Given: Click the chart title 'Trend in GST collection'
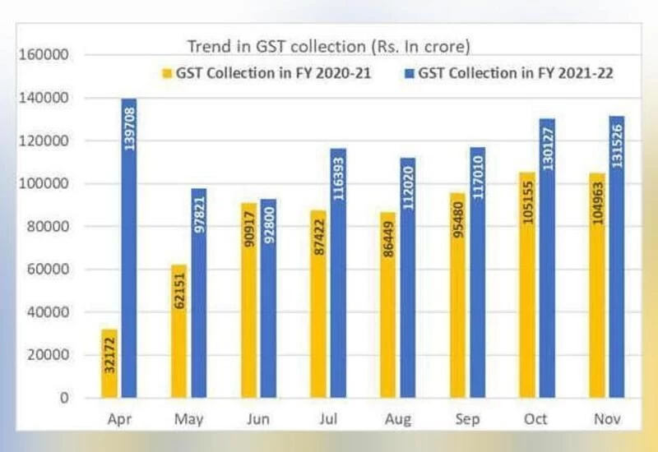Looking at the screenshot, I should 328,46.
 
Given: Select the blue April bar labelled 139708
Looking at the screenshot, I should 129,247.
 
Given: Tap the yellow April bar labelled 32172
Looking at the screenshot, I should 109,362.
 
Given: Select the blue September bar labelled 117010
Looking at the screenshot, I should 477,272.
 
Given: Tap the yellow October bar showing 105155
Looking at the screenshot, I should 526,284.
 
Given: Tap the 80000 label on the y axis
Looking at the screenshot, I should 51,227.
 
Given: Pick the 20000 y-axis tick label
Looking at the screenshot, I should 51,355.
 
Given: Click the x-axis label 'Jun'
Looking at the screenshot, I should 257,419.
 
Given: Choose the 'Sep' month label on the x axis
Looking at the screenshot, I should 468,419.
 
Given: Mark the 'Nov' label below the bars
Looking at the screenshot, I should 606,419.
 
